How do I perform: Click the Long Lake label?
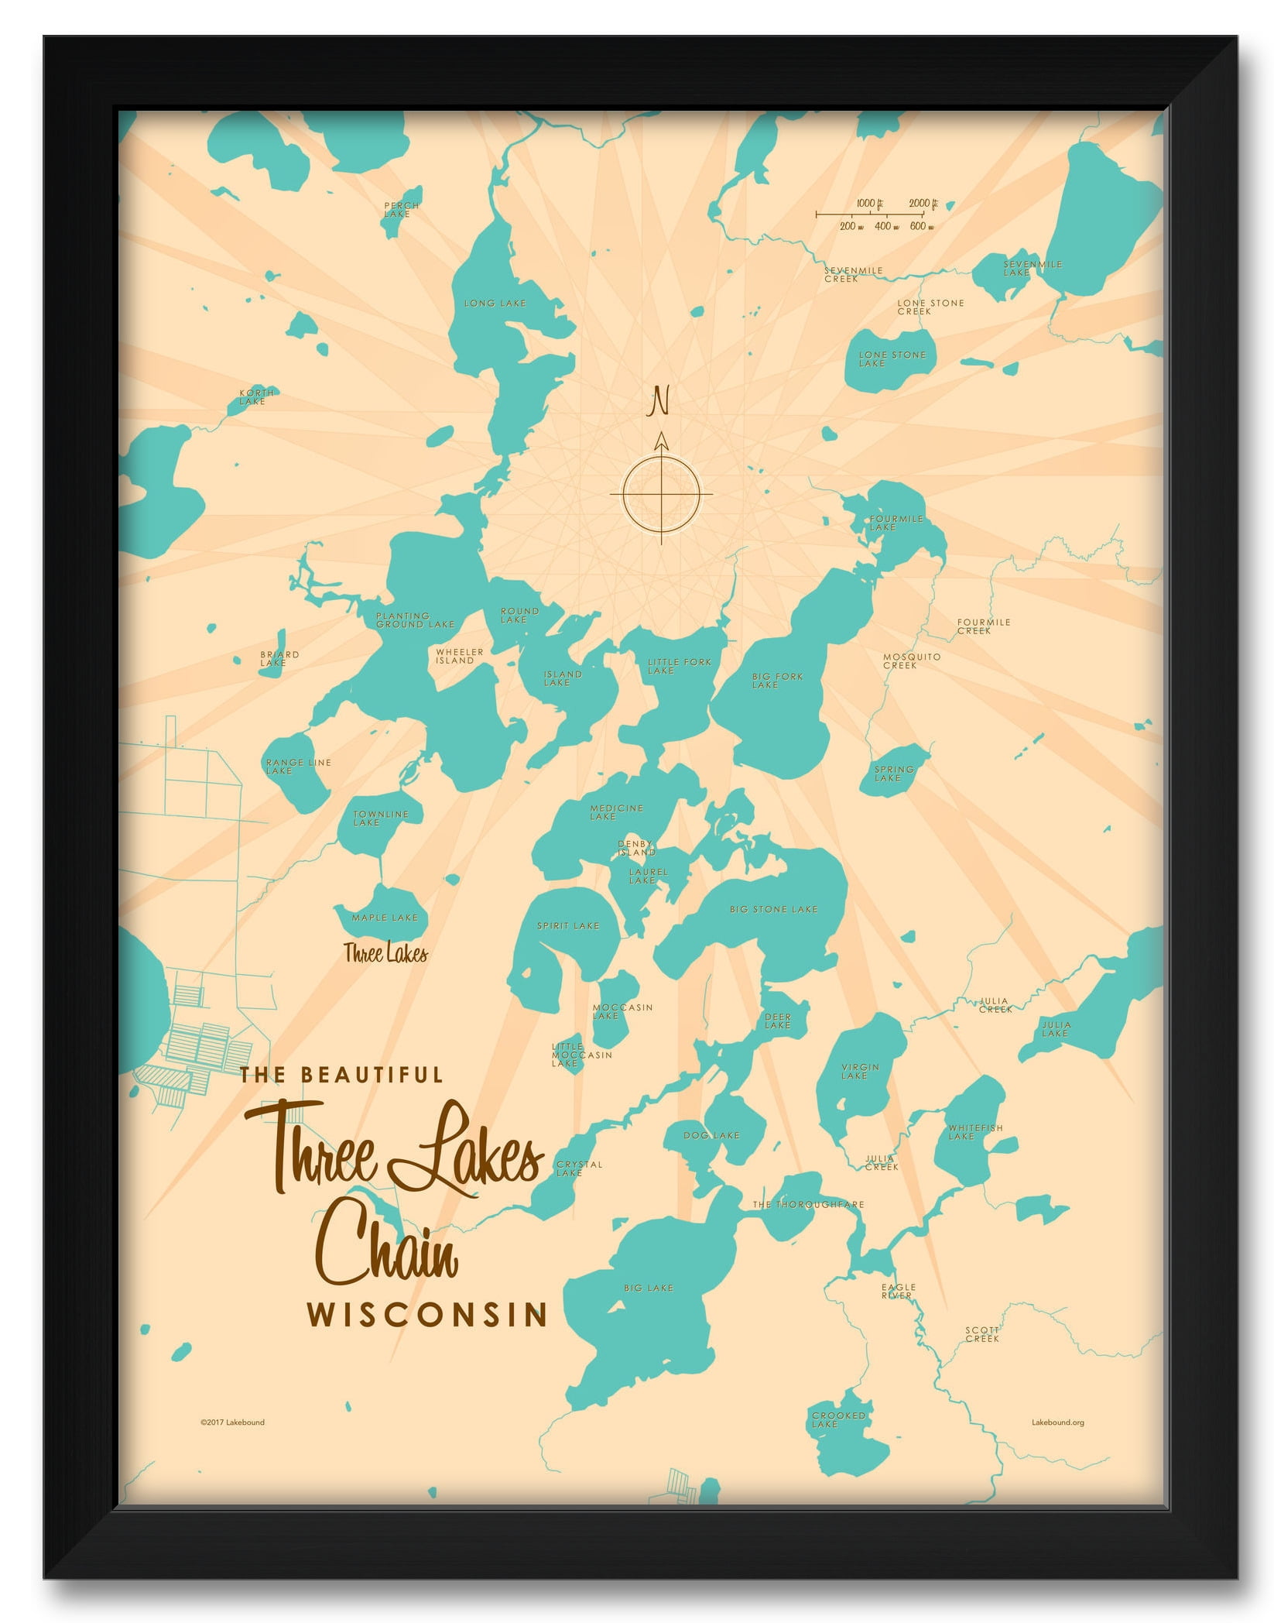[495, 304]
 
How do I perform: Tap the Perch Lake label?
[401, 210]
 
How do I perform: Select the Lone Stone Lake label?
[892, 359]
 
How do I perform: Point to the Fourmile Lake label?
[896, 523]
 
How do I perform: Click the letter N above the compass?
[659, 401]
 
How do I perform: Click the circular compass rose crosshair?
[660, 494]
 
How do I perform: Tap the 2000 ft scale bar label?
[923, 204]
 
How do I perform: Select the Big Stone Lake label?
[772, 910]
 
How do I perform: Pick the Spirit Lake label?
[567, 926]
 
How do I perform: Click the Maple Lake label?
[385, 918]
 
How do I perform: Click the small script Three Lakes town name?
[385, 954]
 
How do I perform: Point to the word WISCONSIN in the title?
[427, 1315]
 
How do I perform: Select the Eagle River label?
[898, 1291]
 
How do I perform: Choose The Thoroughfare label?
[808, 1205]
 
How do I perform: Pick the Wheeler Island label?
[459, 657]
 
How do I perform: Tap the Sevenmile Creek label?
[853, 275]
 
